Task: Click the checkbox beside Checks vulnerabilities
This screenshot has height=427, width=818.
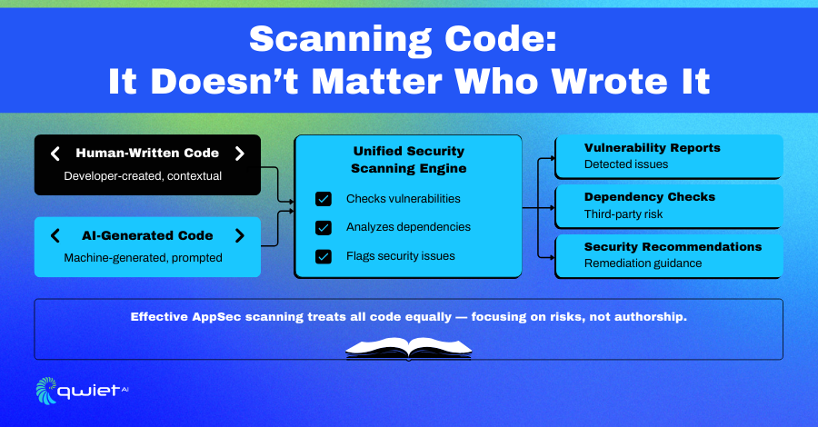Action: [324, 199]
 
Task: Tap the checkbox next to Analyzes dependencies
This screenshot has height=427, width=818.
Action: [324, 227]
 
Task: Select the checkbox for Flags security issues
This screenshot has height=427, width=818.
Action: [324, 256]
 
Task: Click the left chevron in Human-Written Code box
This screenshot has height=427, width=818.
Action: [55, 154]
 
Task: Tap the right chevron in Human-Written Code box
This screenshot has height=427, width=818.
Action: [239, 154]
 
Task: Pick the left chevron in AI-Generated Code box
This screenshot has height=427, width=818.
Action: [55, 235]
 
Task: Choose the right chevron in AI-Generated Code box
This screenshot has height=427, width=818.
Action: [239, 235]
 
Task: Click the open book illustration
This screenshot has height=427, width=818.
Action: [408, 348]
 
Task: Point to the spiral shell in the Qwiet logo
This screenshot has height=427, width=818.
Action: [46, 391]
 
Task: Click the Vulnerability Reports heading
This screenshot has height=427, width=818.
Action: [652, 148]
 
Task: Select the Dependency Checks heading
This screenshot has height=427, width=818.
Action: [650, 197]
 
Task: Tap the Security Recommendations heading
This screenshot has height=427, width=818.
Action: [673, 246]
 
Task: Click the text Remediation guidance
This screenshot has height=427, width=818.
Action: [643, 263]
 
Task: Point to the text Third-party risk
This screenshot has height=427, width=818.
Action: [623, 214]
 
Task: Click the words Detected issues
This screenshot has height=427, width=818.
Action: [626, 164]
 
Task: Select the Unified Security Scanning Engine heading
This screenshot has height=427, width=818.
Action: [408, 160]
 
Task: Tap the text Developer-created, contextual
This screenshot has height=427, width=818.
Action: [143, 176]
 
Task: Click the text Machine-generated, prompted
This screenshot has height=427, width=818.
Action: [143, 258]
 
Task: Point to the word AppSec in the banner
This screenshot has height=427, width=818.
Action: [216, 317]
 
